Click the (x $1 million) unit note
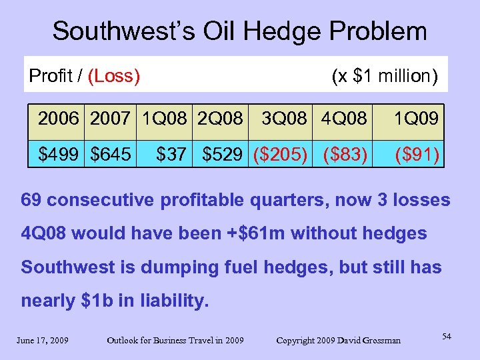[385, 76]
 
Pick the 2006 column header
[58, 119]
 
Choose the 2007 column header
[110, 119]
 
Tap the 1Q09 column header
[416, 119]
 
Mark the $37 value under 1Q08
[170, 156]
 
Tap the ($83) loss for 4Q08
[344, 156]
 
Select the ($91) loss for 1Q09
[417, 156]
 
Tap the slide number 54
[446, 337]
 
